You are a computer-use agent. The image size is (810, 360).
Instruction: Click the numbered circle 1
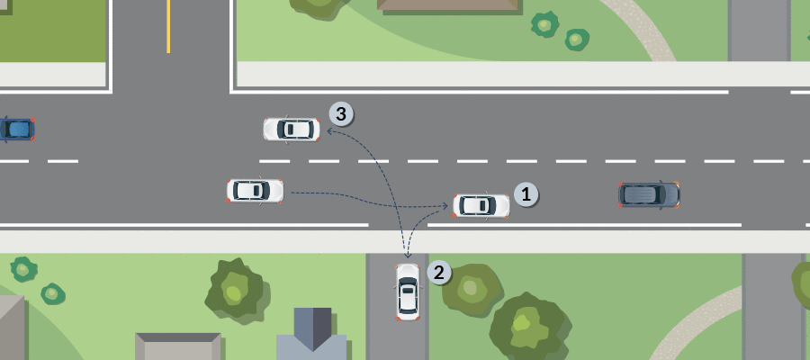tap(526, 193)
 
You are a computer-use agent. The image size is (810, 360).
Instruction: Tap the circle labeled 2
tap(437, 273)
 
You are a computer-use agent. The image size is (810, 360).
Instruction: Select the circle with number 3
tap(341, 114)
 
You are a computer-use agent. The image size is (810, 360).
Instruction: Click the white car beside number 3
tap(291, 130)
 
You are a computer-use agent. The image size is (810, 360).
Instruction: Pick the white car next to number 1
tap(481, 205)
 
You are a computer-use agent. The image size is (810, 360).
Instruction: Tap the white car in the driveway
tap(408, 292)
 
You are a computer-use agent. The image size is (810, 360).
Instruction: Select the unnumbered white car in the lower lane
tap(255, 190)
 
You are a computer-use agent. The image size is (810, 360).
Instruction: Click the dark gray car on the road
tap(648, 193)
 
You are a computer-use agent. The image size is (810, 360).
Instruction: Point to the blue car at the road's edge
tap(16, 130)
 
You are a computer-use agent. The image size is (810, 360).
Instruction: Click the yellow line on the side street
tap(168, 26)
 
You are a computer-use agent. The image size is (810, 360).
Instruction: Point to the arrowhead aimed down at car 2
tap(408, 256)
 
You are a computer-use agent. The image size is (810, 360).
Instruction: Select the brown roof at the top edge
tap(448, 5)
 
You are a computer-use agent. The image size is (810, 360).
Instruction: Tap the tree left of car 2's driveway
tap(236, 291)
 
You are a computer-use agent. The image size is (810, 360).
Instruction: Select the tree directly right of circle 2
tap(472, 289)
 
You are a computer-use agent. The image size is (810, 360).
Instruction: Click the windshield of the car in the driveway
tap(408, 282)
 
